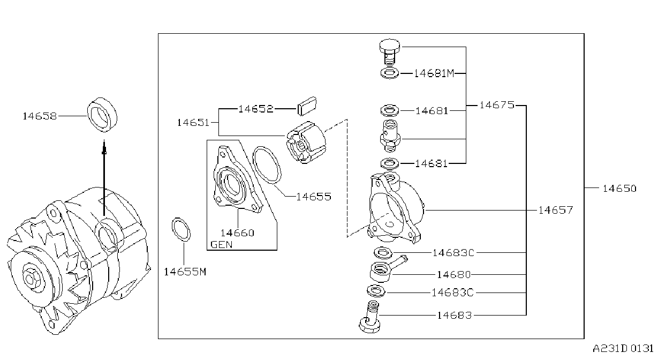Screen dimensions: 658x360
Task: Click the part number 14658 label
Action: click(40, 116)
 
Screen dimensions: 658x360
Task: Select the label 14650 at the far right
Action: click(619, 189)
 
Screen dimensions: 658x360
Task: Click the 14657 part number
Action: click(556, 210)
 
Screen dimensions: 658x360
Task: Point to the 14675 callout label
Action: click(497, 105)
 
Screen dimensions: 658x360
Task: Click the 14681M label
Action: click(434, 73)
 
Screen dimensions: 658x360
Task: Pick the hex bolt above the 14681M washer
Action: click(390, 52)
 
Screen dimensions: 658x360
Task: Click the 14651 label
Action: click(193, 123)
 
